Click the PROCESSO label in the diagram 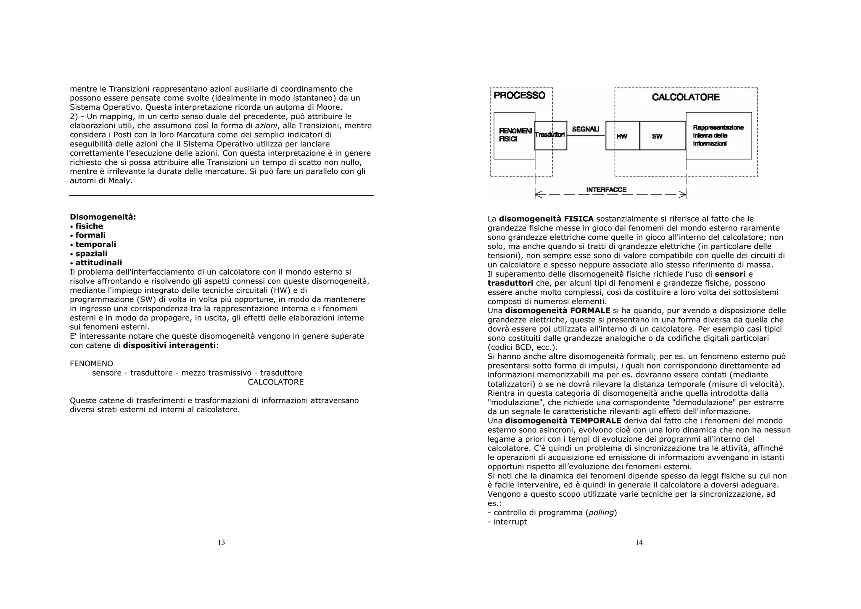(519, 95)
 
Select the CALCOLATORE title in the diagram (686, 97)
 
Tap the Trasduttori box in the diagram (551, 135)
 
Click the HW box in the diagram (622, 136)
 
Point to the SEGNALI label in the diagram (586, 129)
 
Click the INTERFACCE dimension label (606, 190)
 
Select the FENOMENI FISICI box (514, 135)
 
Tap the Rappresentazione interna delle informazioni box (718, 135)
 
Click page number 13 (221, 543)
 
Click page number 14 (639, 543)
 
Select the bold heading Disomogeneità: (103, 217)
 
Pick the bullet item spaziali (91, 254)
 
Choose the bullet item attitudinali (99, 263)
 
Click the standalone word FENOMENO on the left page (91, 363)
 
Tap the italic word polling (601, 513)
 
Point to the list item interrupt (510, 522)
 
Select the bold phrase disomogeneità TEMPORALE (563, 421)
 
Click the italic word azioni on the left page (266, 126)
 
